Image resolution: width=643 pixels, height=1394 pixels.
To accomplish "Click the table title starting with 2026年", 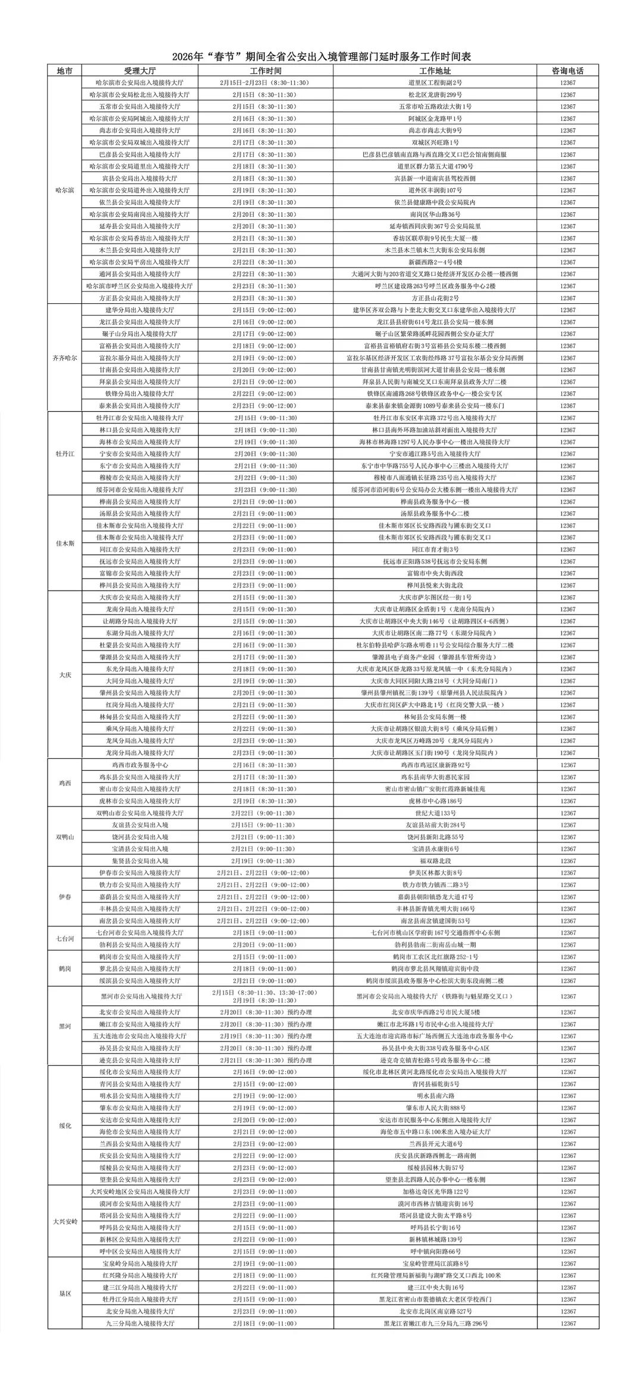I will click(321, 57).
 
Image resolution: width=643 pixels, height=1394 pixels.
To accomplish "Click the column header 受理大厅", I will click(140, 70).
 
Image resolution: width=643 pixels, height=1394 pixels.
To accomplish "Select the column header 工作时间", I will click(266, 70).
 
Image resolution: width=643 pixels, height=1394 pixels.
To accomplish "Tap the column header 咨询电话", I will click(567, 70).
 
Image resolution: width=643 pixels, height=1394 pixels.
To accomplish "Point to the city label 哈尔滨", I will click(65, 190).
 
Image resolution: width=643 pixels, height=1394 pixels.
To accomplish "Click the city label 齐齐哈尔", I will click(65, 358).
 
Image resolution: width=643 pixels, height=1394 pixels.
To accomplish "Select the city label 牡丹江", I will click(65, 454).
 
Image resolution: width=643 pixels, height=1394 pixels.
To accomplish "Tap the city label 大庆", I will click(65, 675).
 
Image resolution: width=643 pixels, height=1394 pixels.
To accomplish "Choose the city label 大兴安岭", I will click(65, 1222).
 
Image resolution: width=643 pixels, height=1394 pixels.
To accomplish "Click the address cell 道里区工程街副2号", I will click(435, 83).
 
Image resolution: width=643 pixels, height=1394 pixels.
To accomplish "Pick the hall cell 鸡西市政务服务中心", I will click(140, 765).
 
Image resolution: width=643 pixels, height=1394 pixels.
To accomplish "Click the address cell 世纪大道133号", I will click(435, 813).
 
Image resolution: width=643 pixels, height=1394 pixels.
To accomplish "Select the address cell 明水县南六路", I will click(435, 1096).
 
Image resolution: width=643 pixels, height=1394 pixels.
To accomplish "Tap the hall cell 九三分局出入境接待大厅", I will click(140, 1324).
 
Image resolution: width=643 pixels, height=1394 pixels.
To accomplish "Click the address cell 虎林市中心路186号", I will click(435, 801).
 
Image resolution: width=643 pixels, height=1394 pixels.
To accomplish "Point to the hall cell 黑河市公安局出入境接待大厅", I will click(140, 997).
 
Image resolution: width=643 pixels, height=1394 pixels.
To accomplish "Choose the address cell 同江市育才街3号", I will click(435, 549).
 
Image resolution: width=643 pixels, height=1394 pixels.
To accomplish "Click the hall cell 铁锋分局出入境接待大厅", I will click(140, 394).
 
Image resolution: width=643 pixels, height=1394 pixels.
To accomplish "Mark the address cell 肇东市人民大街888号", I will click(435, 1108).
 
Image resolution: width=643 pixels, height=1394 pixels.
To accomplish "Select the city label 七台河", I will click(65, 939).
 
